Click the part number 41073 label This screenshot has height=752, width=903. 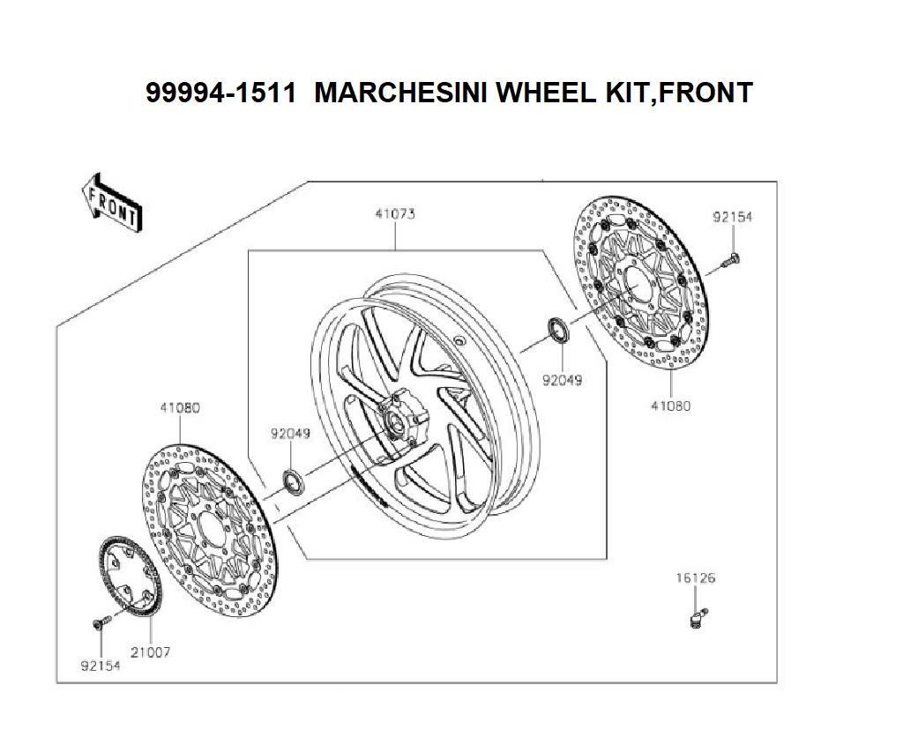[x=395, y=213]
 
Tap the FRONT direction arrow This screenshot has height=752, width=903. [x=110, y=203]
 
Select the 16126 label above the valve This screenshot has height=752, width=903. [x=696, y=577]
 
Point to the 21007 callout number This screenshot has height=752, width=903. [x=150, y=652]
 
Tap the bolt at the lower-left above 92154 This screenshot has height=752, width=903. [x=101, y=622]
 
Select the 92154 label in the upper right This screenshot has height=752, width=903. [x=733, y=217]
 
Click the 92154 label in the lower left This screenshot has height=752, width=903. [x=101, y=666]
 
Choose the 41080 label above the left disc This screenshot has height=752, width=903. [x=180, y=407]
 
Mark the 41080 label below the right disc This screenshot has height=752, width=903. [x=671, y=406]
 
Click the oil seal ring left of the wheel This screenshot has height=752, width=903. [x=294, y=482]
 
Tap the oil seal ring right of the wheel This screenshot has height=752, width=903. [x=557, y=329]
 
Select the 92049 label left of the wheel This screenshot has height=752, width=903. [x=290, y=433]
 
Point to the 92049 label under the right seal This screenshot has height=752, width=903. [x=563, y=380]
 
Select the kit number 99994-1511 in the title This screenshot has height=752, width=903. [x=221, y=93]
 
